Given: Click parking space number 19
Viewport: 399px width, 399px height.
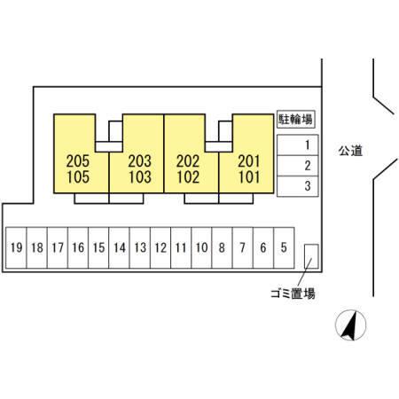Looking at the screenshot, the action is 16,247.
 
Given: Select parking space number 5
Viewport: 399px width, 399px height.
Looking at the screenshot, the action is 284,247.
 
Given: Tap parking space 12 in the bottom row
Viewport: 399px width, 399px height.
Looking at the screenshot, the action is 160,247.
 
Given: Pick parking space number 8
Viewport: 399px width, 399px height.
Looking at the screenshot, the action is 222,247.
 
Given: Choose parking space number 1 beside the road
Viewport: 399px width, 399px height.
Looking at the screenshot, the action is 297,145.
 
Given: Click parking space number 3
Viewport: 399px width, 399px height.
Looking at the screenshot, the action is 297,186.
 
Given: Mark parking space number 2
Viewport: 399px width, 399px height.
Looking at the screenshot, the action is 297,166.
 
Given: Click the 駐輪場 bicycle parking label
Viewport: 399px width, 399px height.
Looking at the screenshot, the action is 295,120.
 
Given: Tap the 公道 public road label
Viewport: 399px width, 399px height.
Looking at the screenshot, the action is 350,151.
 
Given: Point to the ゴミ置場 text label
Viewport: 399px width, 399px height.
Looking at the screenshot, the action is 293,293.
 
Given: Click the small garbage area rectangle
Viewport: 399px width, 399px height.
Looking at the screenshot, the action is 311,256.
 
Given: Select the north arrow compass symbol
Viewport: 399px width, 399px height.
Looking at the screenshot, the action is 350,325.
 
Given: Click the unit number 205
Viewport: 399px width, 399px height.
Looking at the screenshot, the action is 78,161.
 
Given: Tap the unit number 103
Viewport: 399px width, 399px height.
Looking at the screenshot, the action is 140,177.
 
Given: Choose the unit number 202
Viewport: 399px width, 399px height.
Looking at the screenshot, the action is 188,161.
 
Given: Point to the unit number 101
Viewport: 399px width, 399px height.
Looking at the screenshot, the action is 249,177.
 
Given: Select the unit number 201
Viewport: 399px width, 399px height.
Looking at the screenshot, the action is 249,161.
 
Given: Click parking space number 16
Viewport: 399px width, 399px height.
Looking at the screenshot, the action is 78,247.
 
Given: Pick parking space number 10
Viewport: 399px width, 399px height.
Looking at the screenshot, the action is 201,247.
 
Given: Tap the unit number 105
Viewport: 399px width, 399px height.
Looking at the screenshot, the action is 78,177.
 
